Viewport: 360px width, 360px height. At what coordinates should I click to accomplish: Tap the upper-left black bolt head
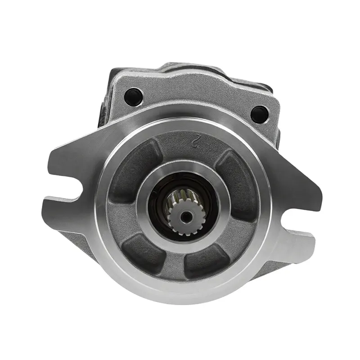coord(134,96)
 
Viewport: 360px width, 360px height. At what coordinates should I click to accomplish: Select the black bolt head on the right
coord(260,114)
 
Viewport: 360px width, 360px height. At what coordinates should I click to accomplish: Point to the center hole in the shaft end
coord(185,216)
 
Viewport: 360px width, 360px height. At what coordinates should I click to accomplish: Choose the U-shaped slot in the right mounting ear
coord(297,220)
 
